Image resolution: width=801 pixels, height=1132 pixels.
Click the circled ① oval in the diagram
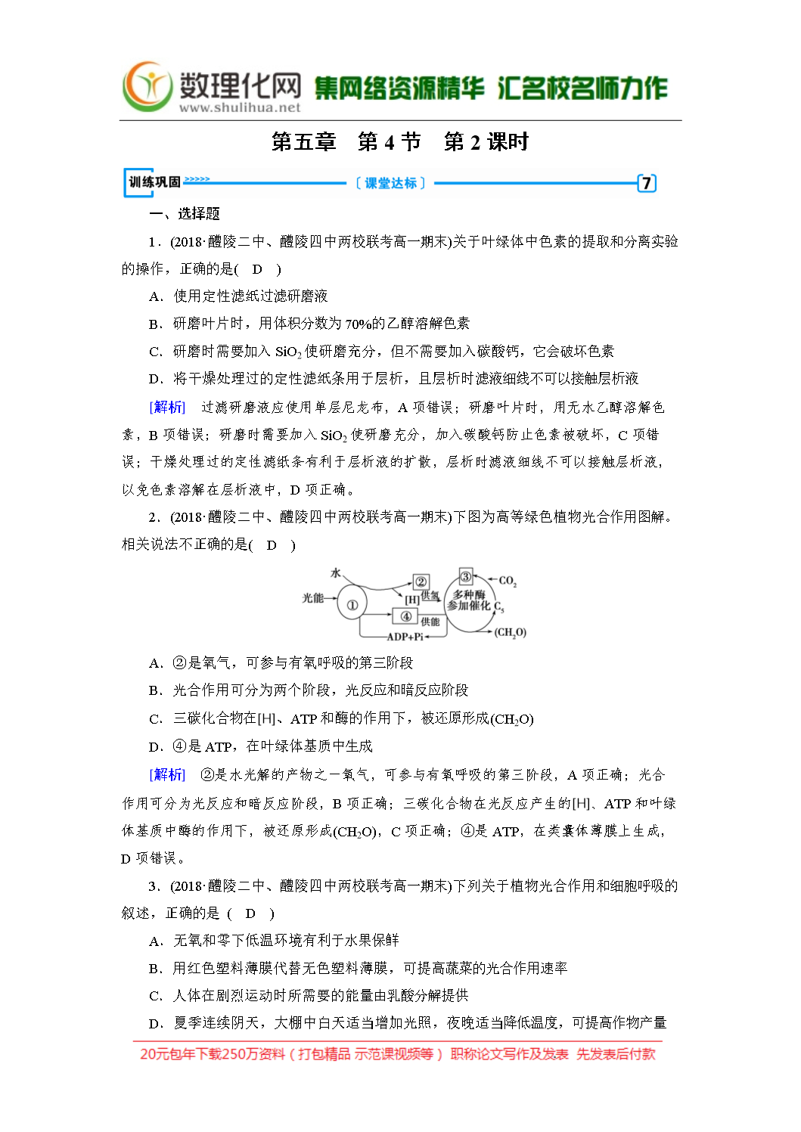(352, 604)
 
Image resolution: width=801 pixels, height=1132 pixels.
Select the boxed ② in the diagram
(421, 582)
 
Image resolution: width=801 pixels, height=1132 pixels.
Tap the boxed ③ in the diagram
(466, 577)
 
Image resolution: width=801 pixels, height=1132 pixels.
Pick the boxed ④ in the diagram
(405, 616)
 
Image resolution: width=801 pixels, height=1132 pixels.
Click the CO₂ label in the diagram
(508, 581)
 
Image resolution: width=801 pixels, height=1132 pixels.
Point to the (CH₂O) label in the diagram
(511, 632)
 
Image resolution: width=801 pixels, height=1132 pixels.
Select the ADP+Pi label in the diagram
(405, 637)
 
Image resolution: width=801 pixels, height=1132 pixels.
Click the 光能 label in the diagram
(312, 598)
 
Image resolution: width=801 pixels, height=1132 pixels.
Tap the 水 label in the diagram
(336, 573)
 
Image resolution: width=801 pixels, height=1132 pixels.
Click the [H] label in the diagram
(411, 599)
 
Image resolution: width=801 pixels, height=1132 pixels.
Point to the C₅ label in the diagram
(498, 606)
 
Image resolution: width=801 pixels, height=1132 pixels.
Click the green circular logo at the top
(148, 87)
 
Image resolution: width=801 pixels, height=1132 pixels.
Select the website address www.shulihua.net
(240, 107)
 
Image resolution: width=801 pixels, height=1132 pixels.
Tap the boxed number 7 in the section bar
(646, 183)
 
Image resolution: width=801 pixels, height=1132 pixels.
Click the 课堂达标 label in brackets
(390, 183)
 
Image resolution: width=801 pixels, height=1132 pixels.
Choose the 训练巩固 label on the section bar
(154, 182)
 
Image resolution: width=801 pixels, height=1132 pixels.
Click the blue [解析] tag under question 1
(167, 407)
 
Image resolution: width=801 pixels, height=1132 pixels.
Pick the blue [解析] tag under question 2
(167, 774)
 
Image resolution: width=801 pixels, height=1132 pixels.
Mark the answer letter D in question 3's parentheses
(250, 913)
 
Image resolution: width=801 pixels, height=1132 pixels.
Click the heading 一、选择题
(185, 214)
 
